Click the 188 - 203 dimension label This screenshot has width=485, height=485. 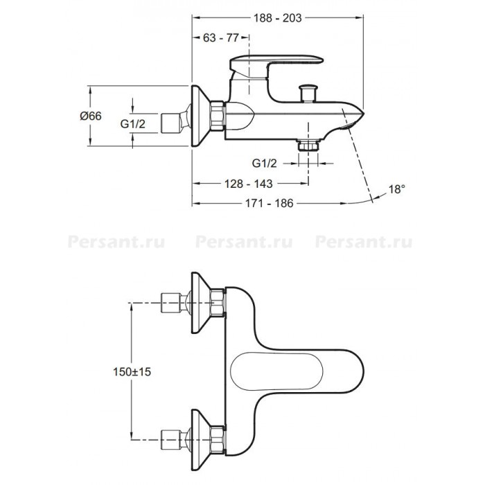point(277,18)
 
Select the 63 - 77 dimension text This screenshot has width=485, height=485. point(221,37)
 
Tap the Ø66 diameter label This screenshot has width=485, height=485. point(91,116)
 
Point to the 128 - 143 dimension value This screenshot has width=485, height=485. point(248,184)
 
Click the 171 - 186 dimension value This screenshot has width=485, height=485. point(269,203)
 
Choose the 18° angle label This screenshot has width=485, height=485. point(396,189)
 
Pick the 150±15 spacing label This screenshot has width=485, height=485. point(132,371)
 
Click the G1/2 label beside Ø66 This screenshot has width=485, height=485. point(133,124)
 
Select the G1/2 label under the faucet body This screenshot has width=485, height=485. point(265,163)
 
